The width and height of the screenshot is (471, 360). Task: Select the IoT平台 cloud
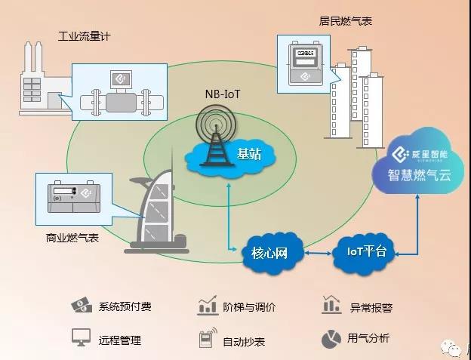tap(365, 251)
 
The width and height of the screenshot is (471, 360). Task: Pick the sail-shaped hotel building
tap(159, 211)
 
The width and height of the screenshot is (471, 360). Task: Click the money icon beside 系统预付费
tap(82, 306)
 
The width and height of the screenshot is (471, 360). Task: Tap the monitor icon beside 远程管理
tap(81, 337)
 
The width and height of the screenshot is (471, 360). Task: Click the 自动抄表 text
tap(244, 341)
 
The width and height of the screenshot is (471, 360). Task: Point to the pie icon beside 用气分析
tap(330, 339)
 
